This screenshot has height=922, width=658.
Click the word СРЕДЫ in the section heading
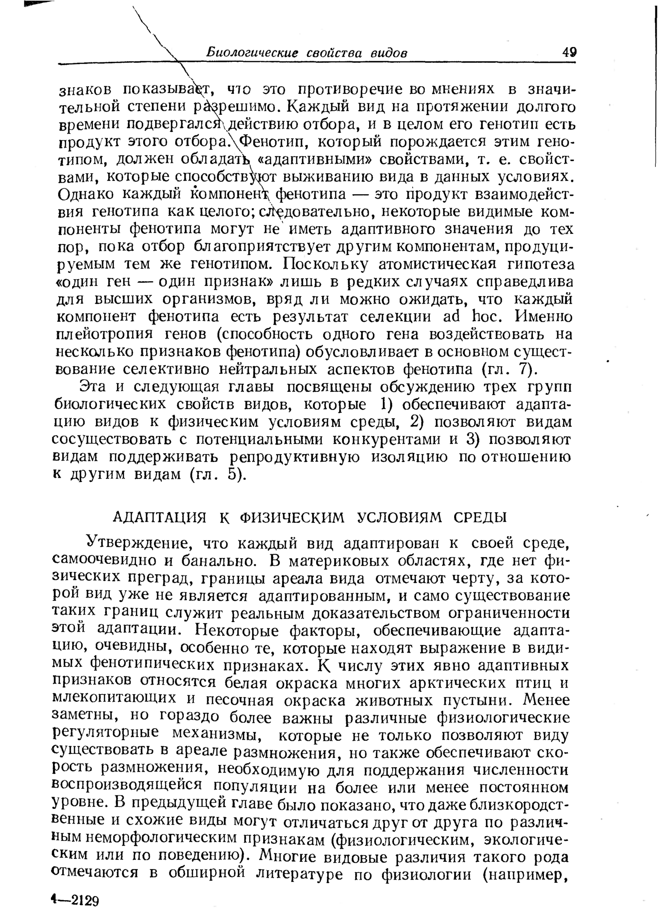tap(480, 517)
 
